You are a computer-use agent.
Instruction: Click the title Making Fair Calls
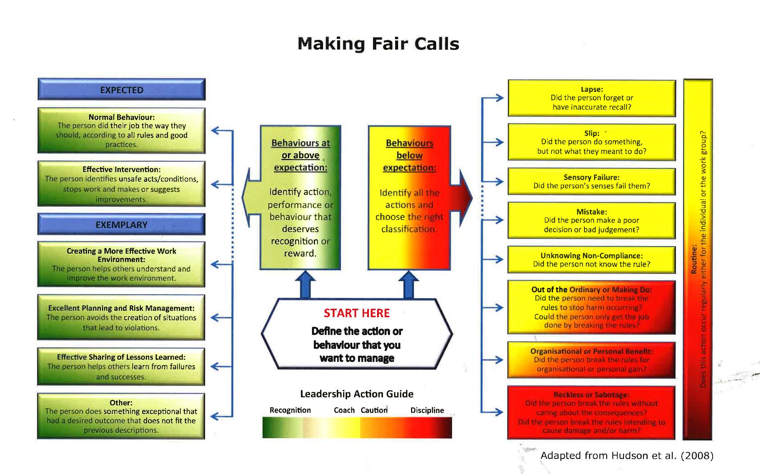point(378,44)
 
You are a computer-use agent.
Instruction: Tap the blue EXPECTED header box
point(121,89)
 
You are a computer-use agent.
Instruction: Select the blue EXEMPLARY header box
point(121,224)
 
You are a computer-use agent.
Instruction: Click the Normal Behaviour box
point(121,131)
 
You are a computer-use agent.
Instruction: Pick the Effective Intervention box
point(121,184)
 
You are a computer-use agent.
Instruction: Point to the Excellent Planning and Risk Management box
point(121,317)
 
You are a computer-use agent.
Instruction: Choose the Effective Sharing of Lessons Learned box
point(121,366)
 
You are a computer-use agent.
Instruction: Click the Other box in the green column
point(121,416)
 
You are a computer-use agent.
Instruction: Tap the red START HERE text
point(357,313)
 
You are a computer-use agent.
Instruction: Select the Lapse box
point(591,98)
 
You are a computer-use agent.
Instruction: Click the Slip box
point(591,142)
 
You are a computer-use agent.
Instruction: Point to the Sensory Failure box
point(591,181)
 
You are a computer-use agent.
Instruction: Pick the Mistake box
point(591,220)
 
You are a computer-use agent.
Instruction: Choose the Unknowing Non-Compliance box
point(591,260)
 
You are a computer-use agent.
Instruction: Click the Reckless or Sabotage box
point(591,412)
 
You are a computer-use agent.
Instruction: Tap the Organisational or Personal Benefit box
point(591,360)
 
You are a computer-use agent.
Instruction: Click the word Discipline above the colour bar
point(427,410)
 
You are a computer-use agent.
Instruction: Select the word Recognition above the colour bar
point(290,410)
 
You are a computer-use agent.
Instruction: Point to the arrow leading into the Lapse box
point(495,98)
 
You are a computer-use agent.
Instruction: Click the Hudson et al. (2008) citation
point(627,456)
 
